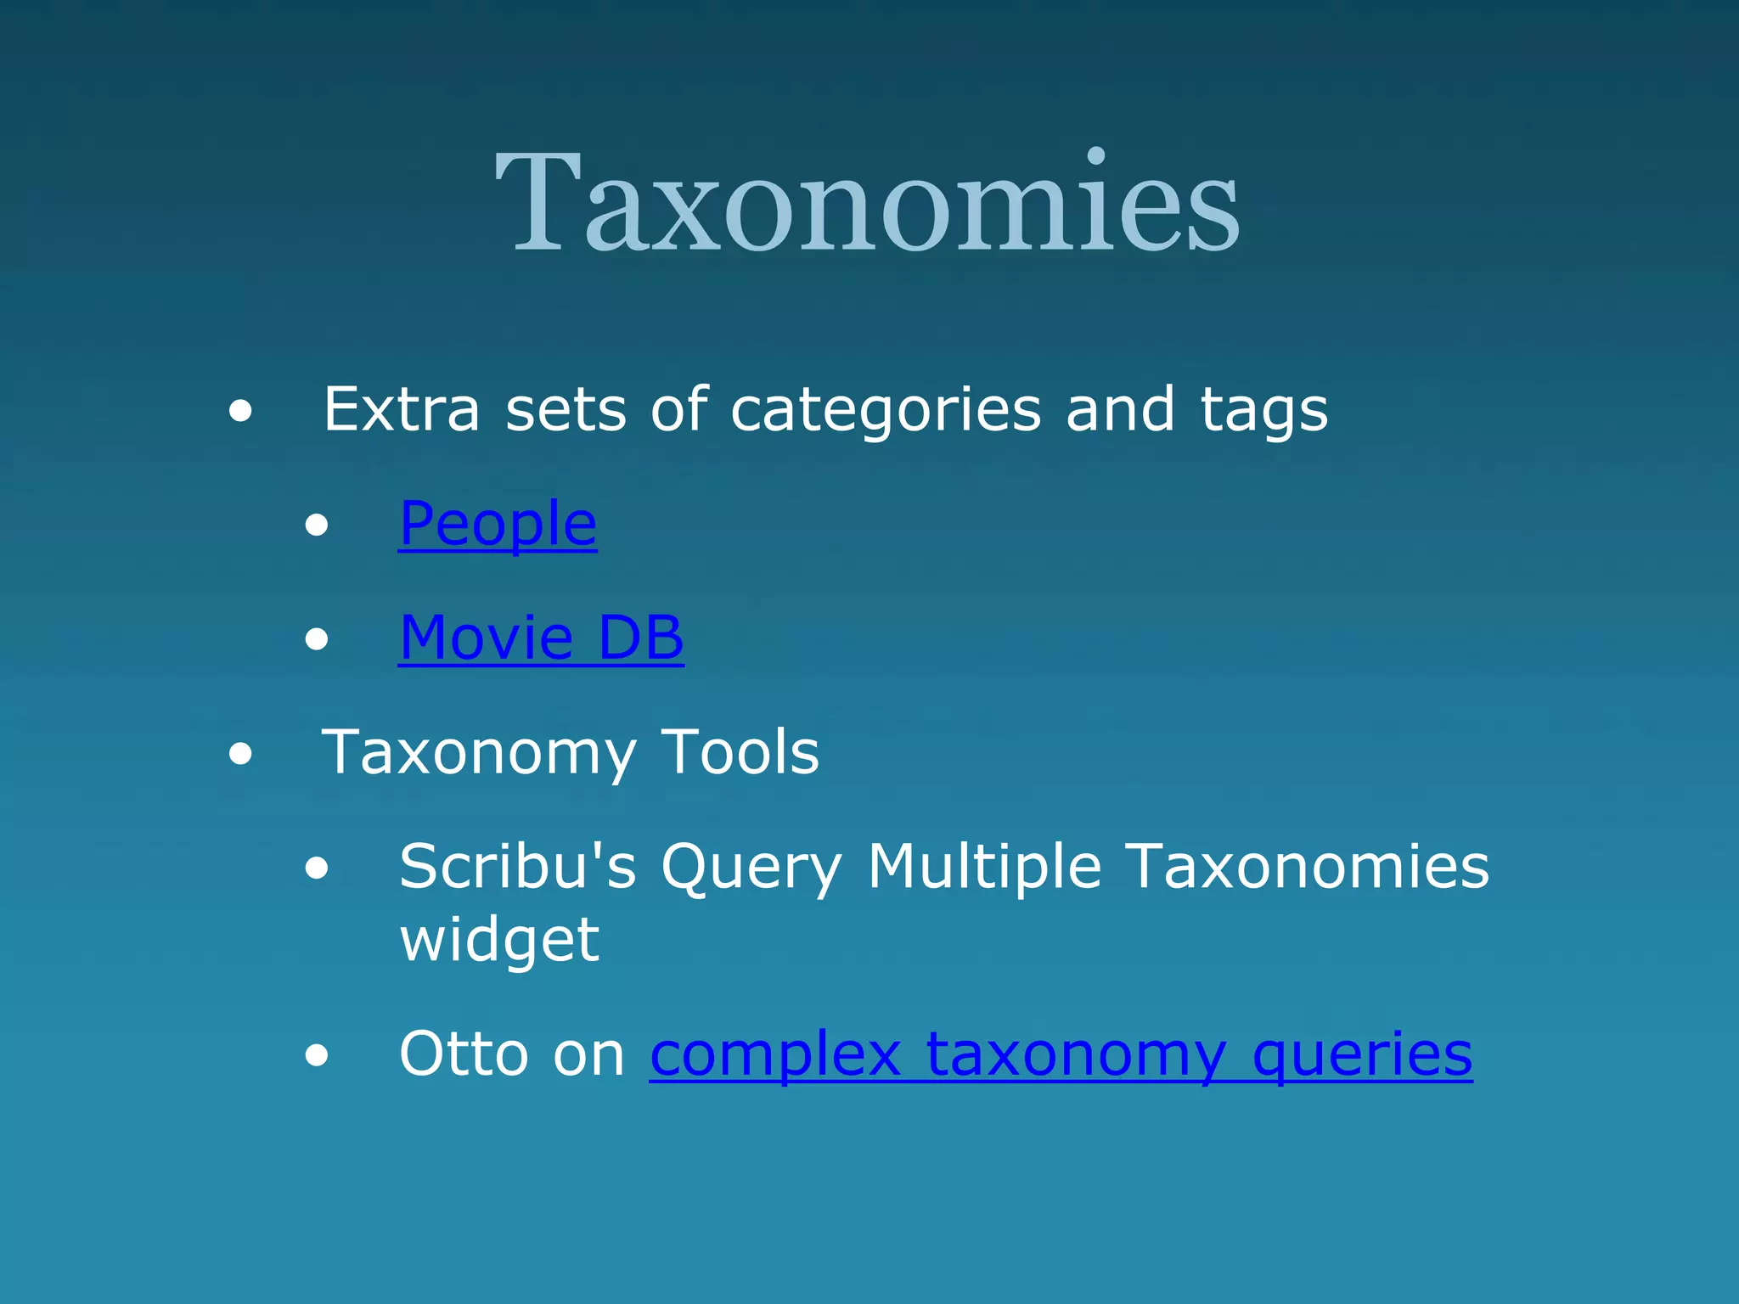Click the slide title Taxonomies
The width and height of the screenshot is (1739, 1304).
click(x=868, y=204)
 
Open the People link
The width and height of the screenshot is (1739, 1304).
click(x=498, y=524)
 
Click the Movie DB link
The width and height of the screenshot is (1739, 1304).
click(x=541, y=638)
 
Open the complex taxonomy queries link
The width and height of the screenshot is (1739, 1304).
click(x=1061, y=1054)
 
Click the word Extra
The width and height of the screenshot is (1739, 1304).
click(x=402, y=410)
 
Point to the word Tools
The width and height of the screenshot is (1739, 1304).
click(x=740, y=752)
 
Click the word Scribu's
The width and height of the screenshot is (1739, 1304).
click(x=517, y=867)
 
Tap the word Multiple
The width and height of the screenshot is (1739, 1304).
click(x=984, y=867)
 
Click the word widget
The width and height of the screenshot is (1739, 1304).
click(x=499, y=940)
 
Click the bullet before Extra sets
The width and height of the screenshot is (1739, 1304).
click(x=240, y=412)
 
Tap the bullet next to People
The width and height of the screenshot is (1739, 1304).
click(x=317, y=526)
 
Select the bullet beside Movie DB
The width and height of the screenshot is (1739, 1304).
click(x=317, y=638)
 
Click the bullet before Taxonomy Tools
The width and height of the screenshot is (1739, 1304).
click(x=240, y=753)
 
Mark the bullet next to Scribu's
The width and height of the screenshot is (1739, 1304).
click(x=317, y=868)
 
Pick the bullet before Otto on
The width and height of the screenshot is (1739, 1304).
click(x=317, y=1055)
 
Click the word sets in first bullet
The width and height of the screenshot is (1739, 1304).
click(x=566, y=410)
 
